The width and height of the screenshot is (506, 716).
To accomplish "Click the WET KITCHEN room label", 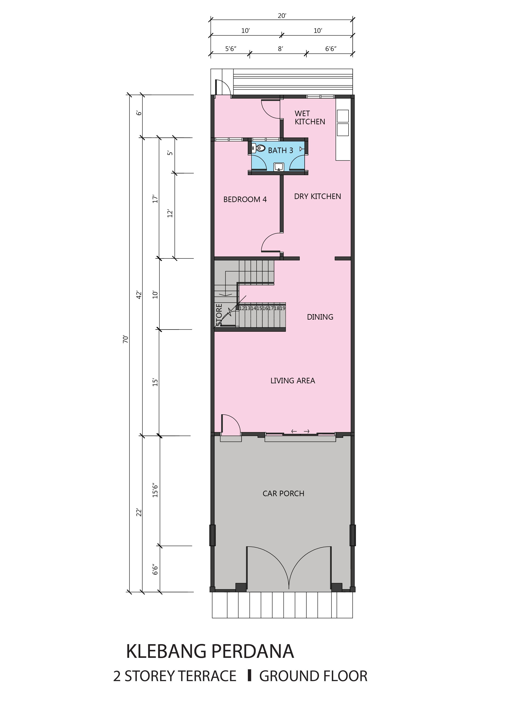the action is point(310,118).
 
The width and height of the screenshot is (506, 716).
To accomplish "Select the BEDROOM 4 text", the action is point(245,200).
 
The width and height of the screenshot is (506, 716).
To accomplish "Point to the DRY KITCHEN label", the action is point(318,197).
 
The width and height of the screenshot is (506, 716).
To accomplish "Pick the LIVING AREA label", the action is point(293,381).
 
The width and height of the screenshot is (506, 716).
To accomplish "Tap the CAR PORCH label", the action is point(283,494).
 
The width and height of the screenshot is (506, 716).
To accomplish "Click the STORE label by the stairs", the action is point(219,315).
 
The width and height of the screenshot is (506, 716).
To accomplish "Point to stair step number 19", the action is point(282,308).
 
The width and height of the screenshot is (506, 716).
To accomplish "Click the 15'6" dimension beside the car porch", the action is point(155,490).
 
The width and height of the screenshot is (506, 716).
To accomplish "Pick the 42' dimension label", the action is point(139,295).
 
